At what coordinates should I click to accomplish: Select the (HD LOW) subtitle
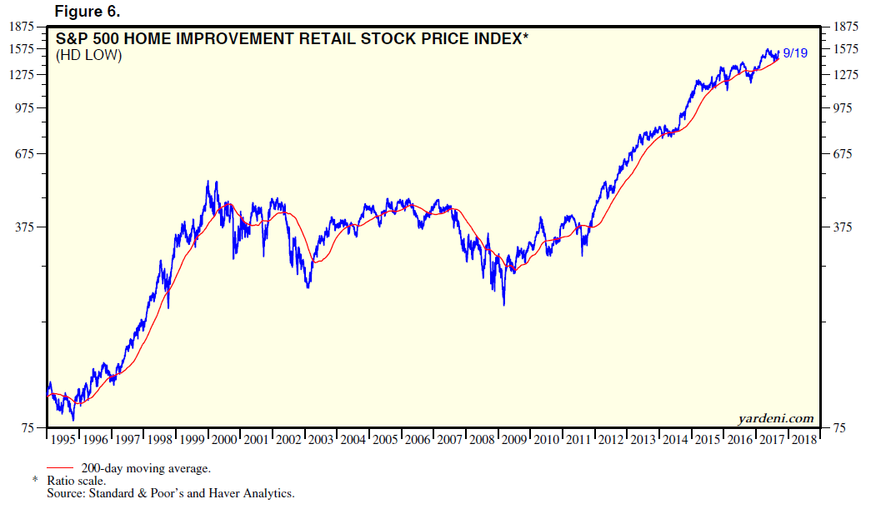tap(88, 56)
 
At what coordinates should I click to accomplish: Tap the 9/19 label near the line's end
tap(795, 55)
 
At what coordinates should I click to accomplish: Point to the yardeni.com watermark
tap(775, 418)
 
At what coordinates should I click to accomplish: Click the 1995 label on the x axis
tap(63, 439)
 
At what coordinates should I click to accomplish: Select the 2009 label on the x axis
tap(514, 439)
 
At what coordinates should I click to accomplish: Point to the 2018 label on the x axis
tap(803, 439)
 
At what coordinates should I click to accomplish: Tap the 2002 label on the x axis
tap(289, 439)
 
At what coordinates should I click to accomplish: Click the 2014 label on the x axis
tap(675, 439)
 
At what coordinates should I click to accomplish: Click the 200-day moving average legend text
tap(146, 468)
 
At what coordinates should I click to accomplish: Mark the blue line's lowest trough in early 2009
tap(503, 305)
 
